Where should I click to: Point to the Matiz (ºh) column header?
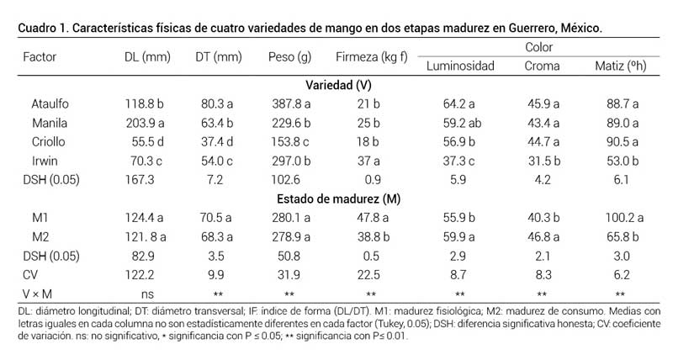tap(617, 66)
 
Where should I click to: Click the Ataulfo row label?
tap(48, 104)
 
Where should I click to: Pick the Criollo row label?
tap(47, 141)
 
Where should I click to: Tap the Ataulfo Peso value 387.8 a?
tap(289, 104)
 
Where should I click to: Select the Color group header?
tap(538, 47)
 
